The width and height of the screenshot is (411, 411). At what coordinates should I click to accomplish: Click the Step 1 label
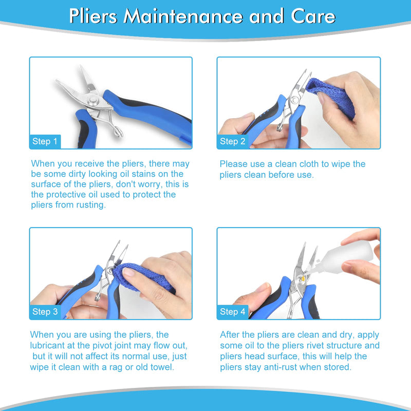point(45,141)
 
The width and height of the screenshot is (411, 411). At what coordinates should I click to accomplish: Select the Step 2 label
point(233,141)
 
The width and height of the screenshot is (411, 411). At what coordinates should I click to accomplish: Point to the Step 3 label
point(45,311)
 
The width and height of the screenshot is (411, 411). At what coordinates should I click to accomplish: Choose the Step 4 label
point(233,311)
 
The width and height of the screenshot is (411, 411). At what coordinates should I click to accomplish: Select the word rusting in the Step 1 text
point(89,204)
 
